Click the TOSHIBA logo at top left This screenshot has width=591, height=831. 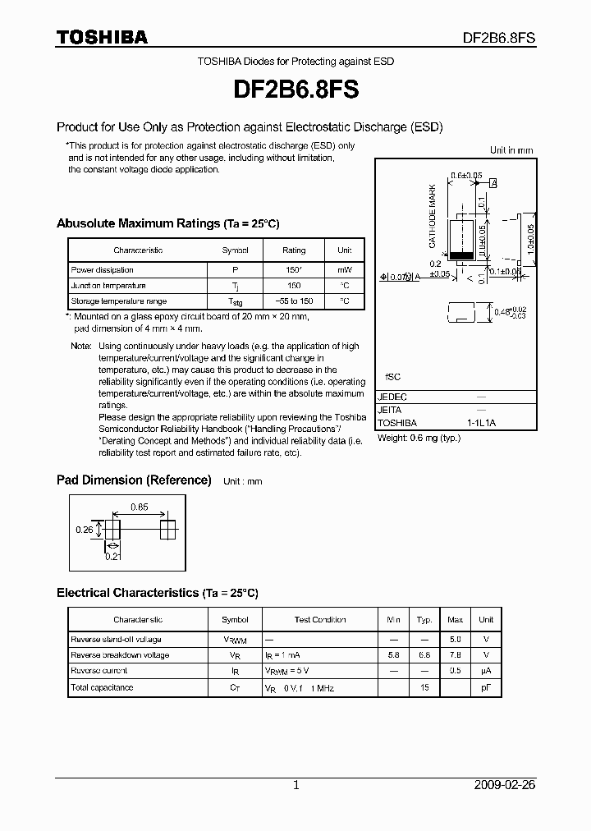(102, 38)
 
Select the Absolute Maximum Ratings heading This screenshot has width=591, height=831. (167, 223)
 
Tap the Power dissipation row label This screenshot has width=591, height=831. (103, 269)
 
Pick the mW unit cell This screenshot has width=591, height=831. (344, 269)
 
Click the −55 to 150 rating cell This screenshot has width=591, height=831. (294, 301)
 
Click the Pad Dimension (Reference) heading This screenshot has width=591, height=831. (134, 480)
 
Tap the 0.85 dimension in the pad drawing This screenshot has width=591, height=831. (139, 507)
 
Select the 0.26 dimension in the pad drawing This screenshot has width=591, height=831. (85, 530)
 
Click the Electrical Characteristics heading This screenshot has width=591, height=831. (157, 592)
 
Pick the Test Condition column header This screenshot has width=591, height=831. (320, 620)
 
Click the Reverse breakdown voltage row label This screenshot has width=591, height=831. (121, 655)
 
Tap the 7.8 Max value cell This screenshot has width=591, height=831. (456, 655)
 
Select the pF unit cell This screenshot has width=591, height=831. (486, 687)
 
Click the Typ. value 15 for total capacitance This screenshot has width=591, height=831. (424, 687)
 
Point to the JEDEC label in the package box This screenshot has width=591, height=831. (392, 397)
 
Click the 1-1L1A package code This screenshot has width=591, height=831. (482, 423)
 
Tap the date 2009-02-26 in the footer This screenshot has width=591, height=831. (505, 785)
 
